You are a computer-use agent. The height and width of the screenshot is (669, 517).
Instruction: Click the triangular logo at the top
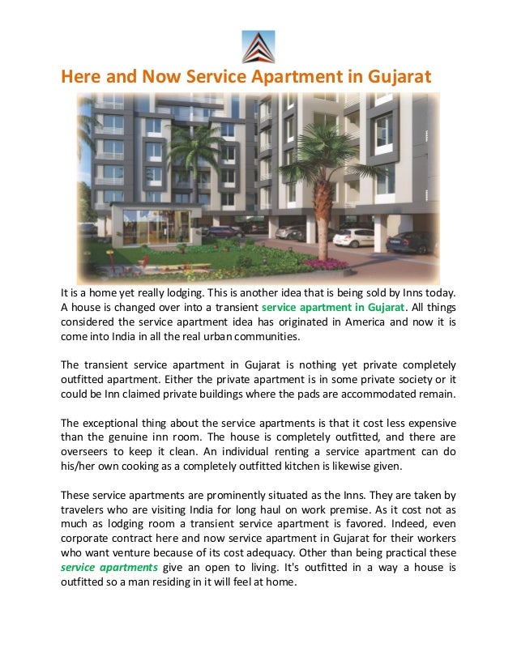click(258, 46)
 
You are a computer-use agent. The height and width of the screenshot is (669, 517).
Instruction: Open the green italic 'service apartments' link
click(109, 567)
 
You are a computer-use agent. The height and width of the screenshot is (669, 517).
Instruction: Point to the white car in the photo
click(353, 237)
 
